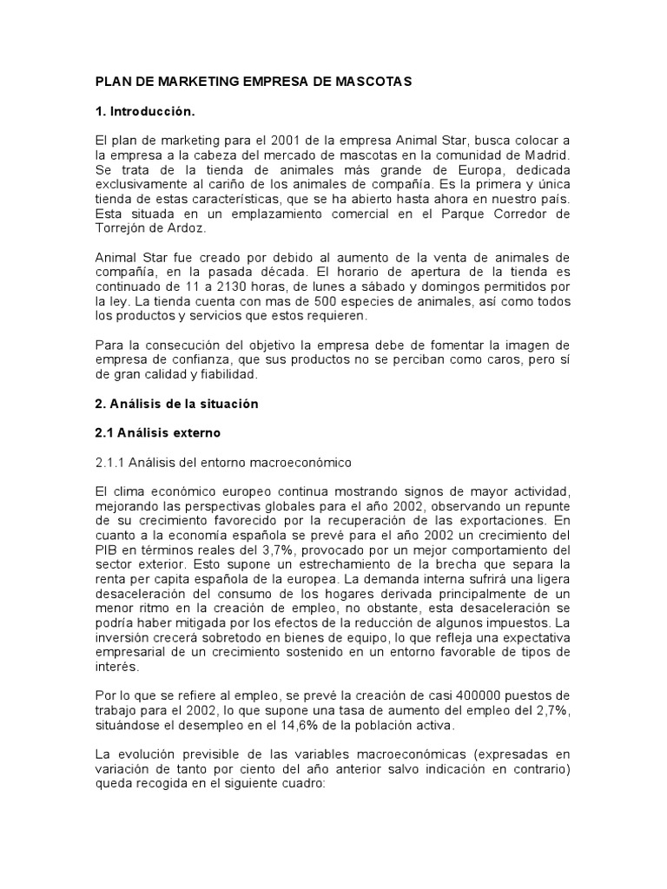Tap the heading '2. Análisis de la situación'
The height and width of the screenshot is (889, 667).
[x=176, y=404]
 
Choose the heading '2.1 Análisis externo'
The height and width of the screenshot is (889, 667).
[x=157, y=432]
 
